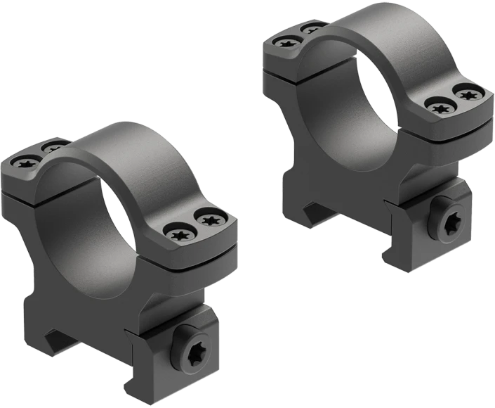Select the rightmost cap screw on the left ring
209,220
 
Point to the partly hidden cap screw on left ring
51,148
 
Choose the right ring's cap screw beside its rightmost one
441,106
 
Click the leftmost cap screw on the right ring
286,43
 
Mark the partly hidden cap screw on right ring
310,30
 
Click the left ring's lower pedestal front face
91,310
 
